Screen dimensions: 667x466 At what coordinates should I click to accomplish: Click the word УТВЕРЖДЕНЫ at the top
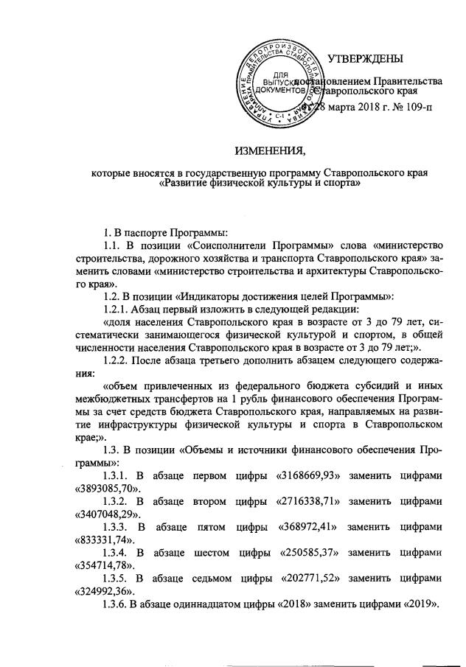click(365, 59)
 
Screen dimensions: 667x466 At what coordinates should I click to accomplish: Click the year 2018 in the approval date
click(362, 109)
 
